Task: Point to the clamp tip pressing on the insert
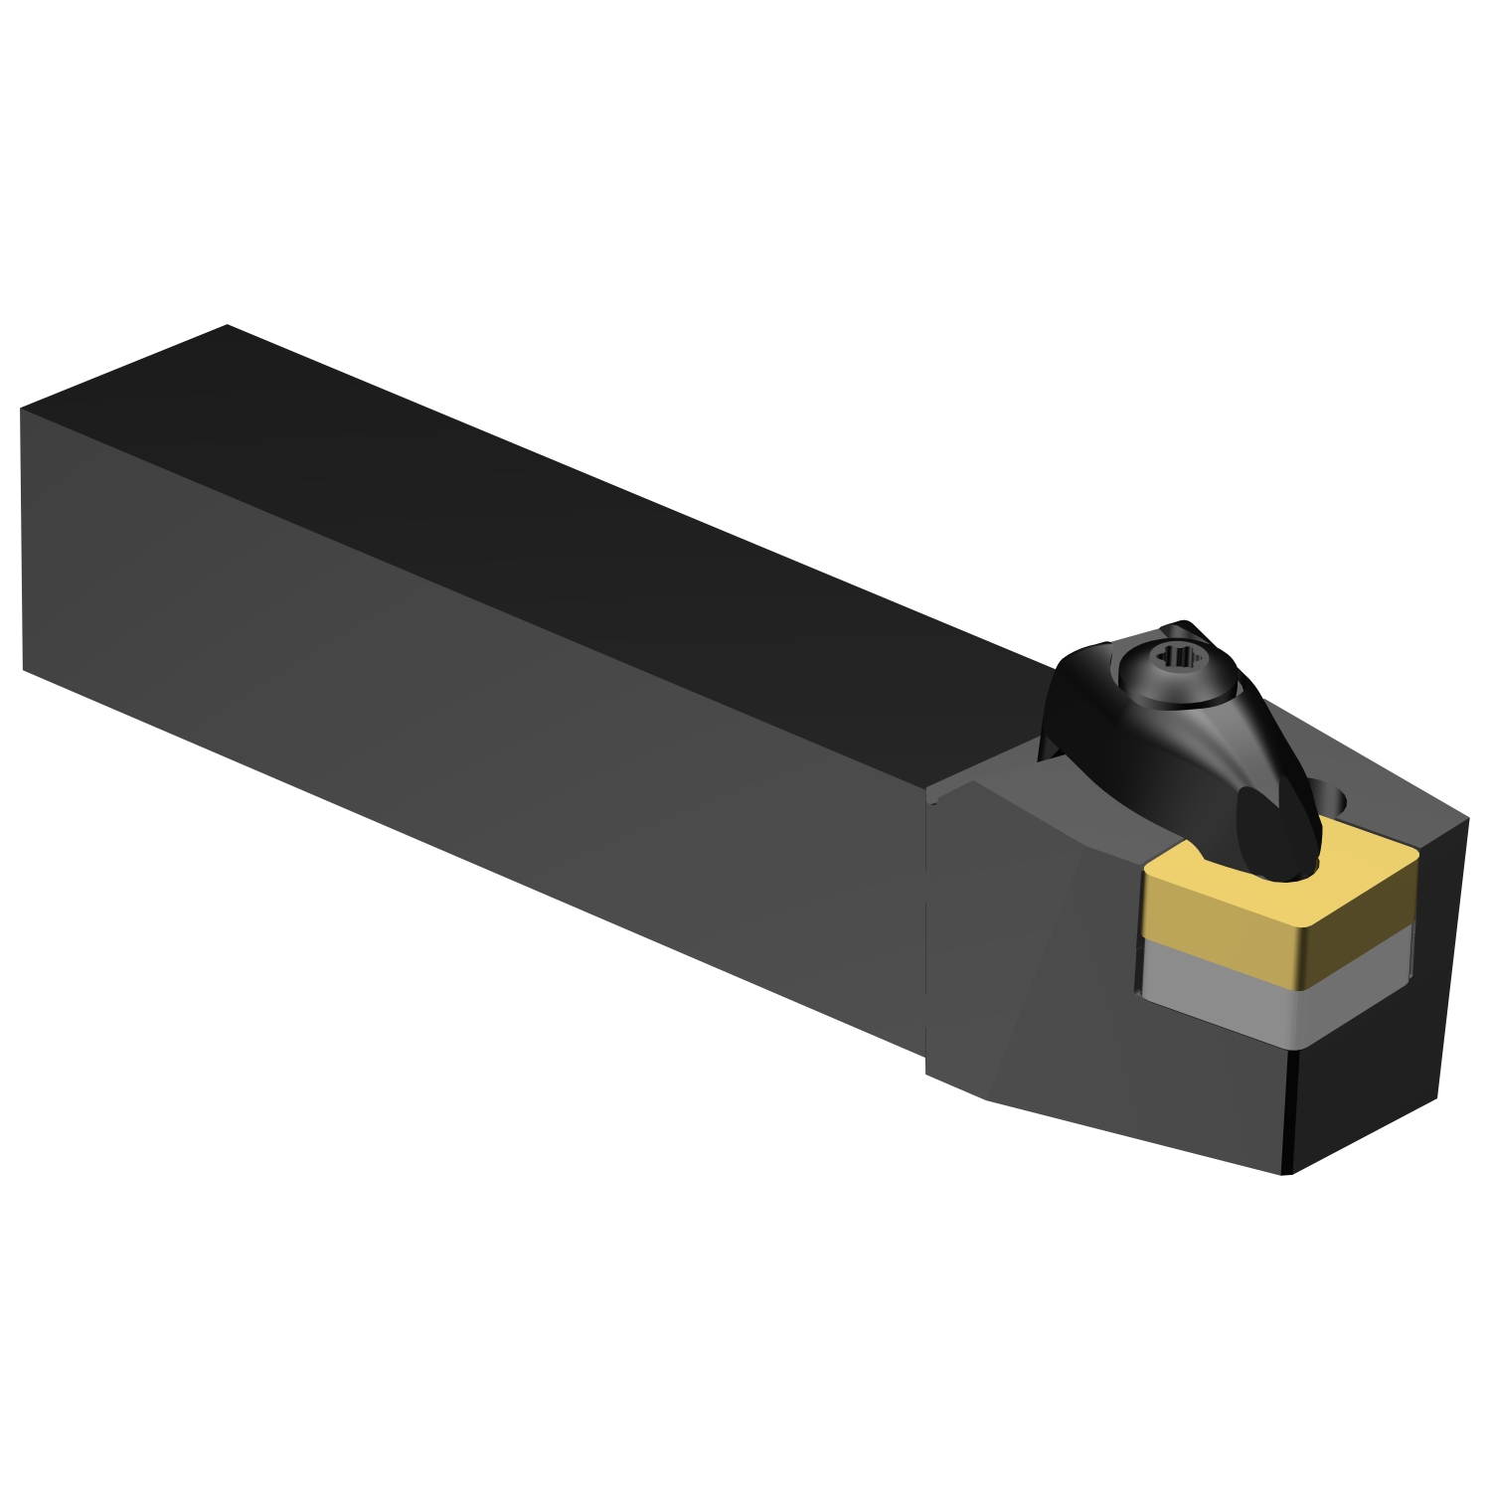coord(1282,845)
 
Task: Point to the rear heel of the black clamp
coord(1059,741)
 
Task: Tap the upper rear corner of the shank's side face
coord(22,411)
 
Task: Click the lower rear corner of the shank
coord(24,668)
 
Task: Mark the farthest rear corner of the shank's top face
coord(227,325)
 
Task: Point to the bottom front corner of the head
coord(1288,1173)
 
